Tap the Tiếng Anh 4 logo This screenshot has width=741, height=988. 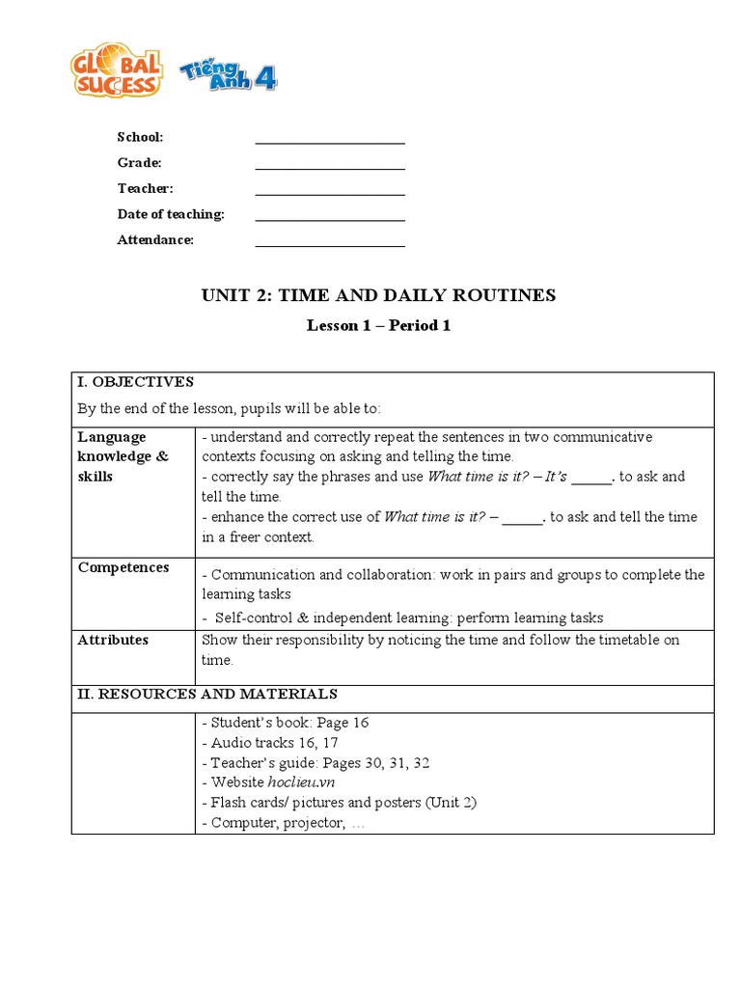click(228, 73)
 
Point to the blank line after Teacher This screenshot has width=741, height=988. click(330, 193)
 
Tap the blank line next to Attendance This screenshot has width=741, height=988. click(330, 244)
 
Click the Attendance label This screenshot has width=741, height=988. click(155, 240)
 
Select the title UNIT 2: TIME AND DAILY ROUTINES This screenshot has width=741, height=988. click(378, 295)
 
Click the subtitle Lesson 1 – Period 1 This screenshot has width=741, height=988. click(378, 325)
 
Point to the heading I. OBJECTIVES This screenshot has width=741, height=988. click(136, 382)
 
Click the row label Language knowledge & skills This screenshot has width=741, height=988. click(123, 456)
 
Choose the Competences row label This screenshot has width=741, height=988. click(123, 567)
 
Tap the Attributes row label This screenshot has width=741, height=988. click(113, 640)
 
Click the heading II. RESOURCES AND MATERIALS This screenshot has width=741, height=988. click(207, 694)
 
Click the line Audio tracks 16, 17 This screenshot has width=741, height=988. click(269, 742)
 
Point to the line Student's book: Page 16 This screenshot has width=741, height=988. click(286, 722)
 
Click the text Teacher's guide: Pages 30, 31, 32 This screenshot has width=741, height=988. click(316, 762)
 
